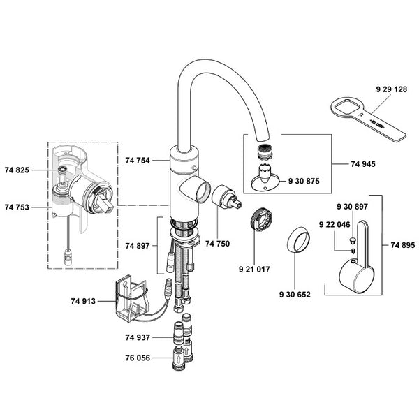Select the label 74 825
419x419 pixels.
(17, 170)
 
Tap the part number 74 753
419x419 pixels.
(17, 207)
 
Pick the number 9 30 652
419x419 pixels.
(293, 294)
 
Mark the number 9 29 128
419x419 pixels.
(390, 90)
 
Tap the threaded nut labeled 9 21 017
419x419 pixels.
(260, 217)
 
